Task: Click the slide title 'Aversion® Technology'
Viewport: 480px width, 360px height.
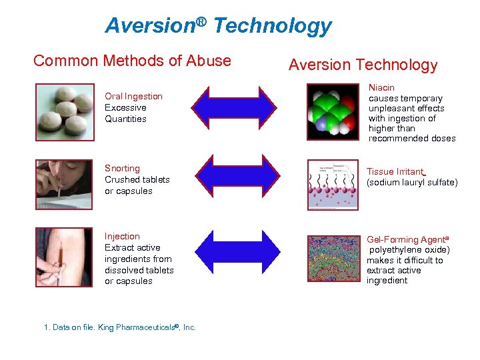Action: (x=218, y=25)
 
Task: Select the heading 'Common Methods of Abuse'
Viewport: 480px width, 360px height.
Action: (x=132, y=61)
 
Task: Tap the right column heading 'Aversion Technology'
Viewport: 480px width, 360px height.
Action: (x=363, y=65)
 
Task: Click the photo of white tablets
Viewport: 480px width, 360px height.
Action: (x=65, y=112)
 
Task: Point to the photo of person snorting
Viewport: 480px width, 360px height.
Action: (x=65, y=181)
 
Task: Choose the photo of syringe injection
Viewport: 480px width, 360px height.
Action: (x=65, y=257)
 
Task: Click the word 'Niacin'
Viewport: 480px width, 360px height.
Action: (x=381, y=88)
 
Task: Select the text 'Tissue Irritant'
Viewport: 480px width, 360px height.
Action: (x=395, y=171)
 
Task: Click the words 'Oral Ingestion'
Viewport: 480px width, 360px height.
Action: (x=133, y=97)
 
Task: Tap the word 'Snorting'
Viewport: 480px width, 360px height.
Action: (x=122, y=169)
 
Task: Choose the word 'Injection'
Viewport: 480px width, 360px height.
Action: (x=122, y=237)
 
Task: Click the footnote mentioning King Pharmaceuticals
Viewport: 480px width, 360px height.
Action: (x=119, y=328)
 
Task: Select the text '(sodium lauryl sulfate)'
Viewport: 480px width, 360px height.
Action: (x=412, y=183)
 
